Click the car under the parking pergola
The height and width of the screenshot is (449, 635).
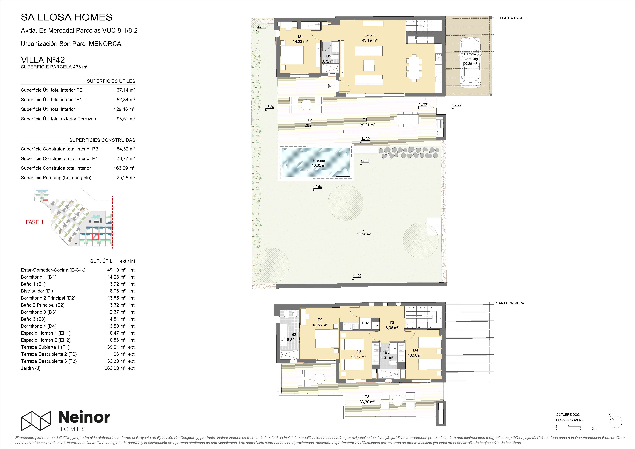coord(470,63)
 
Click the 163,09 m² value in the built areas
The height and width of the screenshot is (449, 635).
coord(124,168)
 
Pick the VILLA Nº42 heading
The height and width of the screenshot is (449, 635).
coord(43,60)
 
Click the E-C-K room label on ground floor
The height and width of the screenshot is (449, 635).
coord(370,35)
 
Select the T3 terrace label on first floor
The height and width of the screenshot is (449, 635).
coord(367,397)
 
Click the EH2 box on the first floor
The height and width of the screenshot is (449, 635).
coord(365,323)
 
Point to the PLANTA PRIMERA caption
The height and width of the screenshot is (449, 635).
coord(509,303)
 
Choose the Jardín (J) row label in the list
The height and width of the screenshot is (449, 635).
coord(31,368)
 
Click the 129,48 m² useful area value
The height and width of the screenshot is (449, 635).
coord(124,109)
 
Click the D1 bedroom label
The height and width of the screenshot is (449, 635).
coord(300,36)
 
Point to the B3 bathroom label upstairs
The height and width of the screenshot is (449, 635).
coord(387,352)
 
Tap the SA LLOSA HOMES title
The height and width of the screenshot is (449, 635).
coord(67,17)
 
